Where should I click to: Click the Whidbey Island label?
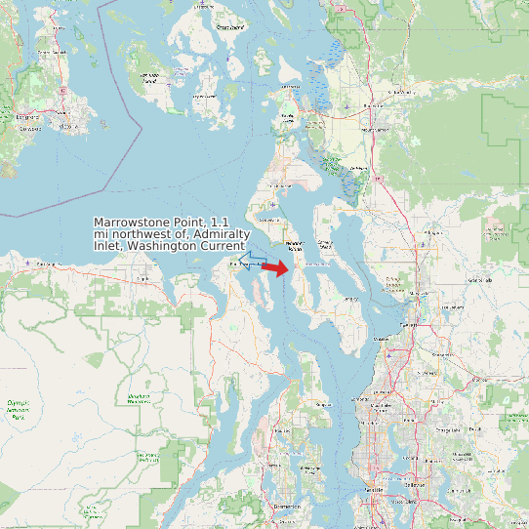[295, 244]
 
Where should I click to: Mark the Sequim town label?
[144, 278]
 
